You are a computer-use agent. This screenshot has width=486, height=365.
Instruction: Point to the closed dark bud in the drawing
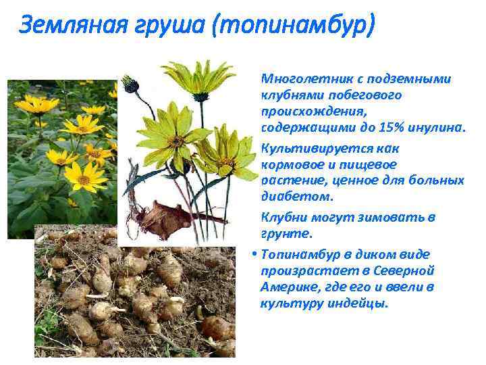[x=130, y=85]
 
